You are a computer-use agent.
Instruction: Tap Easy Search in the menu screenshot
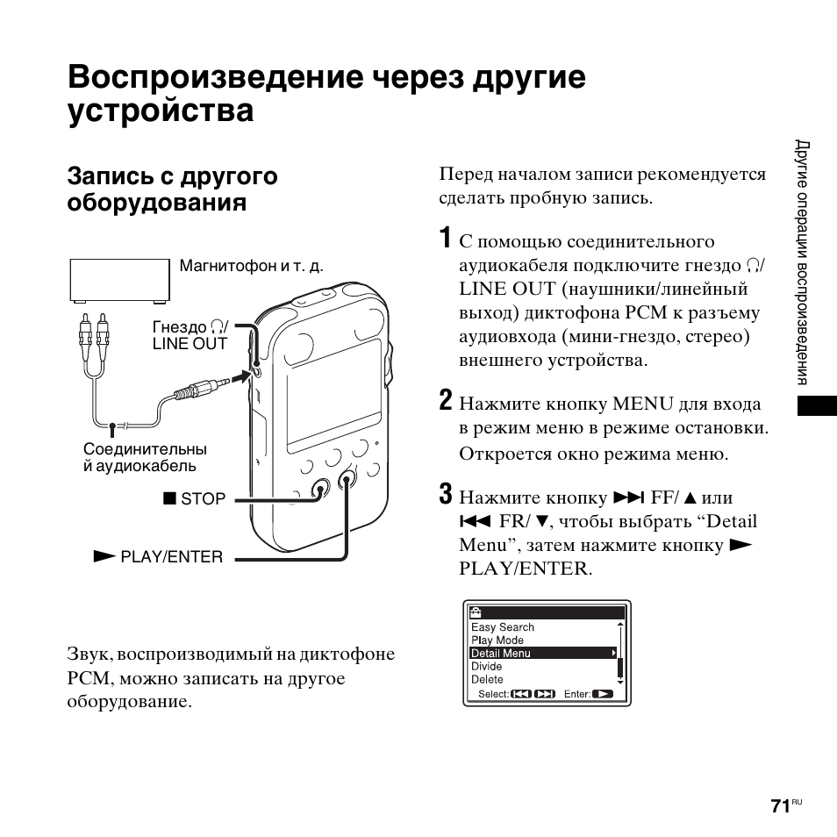pos(503,627)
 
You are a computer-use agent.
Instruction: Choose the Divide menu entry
pos(487,666)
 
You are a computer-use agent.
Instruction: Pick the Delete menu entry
pos(488,679)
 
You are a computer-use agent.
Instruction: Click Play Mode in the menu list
pos(497,640)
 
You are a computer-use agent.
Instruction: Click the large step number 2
pos(446,402)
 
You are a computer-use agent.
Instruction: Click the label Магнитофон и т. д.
pos(251,266)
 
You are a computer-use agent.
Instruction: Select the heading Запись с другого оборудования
pos(173,189)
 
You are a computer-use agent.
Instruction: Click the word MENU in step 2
pos(642,404)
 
